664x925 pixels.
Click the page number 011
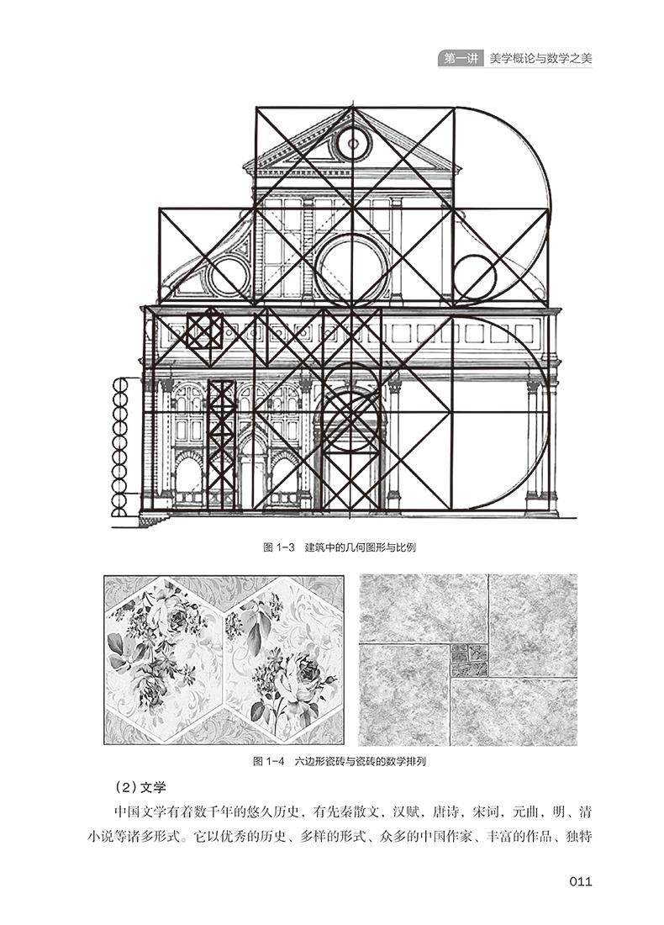pos(580,881)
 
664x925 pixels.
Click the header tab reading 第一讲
pos(460,58)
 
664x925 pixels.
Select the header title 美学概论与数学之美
pos(540,58)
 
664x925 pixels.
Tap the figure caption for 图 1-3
pos(339,547)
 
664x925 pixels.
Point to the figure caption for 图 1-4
pos(339,761)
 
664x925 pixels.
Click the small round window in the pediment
pos(353,143)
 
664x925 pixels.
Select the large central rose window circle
pos(352,270)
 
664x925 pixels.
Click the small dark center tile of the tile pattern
pos(469,660)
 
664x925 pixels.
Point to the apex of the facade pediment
pos(353,108)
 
